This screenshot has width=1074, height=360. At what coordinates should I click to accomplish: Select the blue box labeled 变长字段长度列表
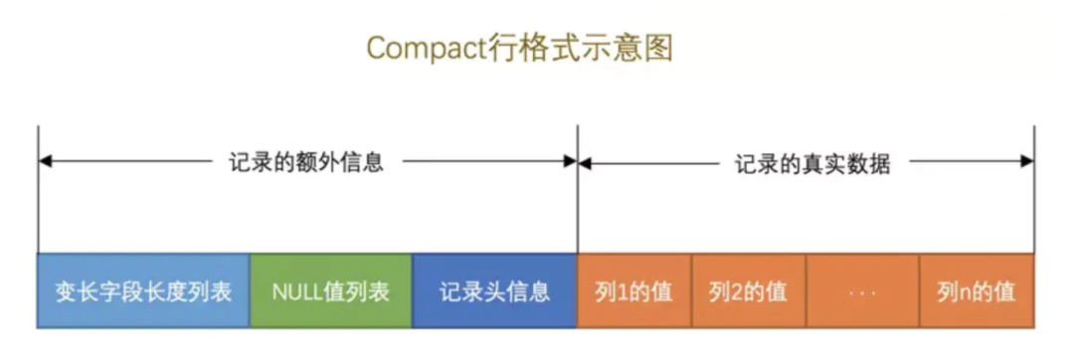[x=143, y=291]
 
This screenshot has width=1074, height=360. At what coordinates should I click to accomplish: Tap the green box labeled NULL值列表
[x=330, y=291]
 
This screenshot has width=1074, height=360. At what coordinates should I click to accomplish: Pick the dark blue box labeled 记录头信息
[x=494, y=291]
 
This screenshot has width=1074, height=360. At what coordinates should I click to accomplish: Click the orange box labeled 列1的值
[x=633, y=291]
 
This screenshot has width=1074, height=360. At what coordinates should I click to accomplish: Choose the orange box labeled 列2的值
[x=748, y=291]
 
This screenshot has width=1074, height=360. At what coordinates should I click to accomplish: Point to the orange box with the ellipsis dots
[x=862, y=291]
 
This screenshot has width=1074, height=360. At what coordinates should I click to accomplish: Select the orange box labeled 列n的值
[x=977, y=291]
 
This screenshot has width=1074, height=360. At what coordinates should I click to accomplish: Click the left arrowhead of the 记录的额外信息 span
[x=45, y=162]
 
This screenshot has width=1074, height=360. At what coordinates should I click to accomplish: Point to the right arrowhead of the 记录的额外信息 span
[x=570, y=162]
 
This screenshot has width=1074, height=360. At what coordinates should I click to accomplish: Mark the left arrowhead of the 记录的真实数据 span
[x=585, y=162]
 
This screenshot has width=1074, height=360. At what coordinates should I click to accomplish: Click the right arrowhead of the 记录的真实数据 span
[x=1027, y=162]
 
